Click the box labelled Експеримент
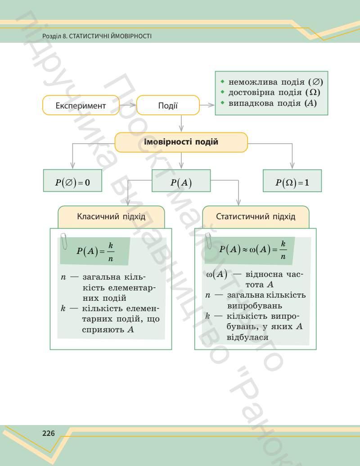81,106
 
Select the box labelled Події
167,106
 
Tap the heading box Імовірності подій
181,142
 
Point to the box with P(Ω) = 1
292,182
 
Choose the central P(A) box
181,182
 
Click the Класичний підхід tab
111,217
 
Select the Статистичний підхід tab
256,217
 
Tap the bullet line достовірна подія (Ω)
274,93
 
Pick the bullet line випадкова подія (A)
272,103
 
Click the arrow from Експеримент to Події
128,106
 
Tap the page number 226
48,434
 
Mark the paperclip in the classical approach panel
64,241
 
